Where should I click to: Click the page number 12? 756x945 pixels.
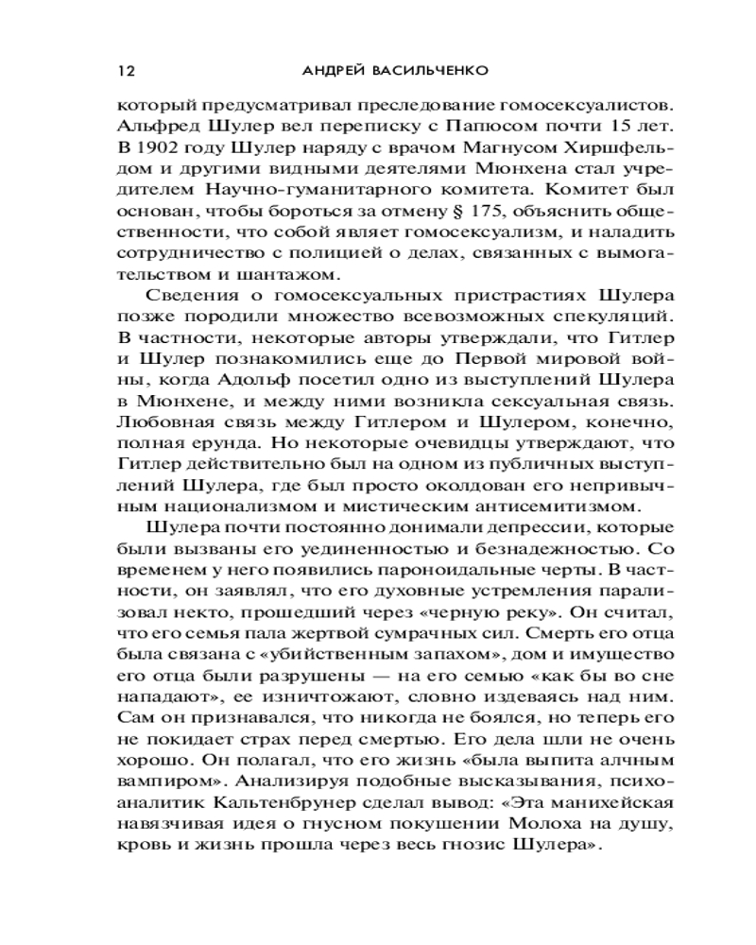pos(124,71)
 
